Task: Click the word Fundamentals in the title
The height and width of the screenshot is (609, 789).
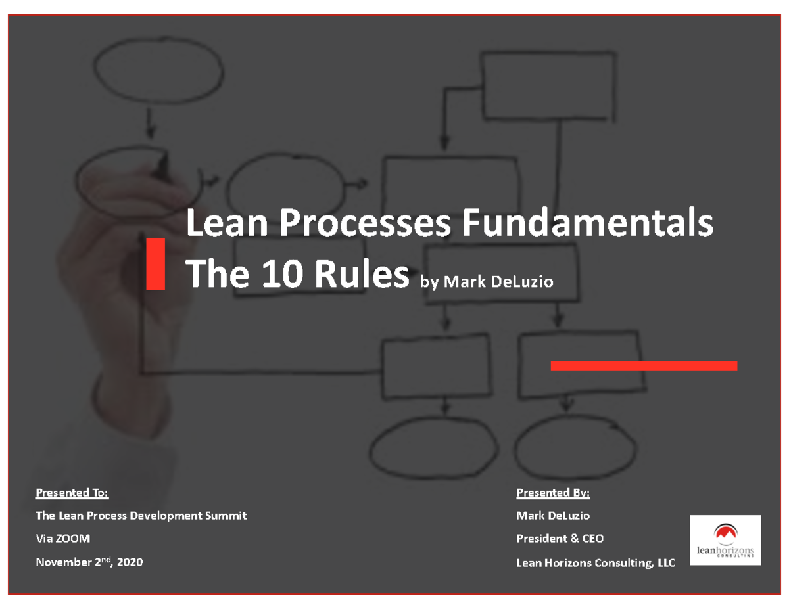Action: pyautogui.click(x=586, y=224)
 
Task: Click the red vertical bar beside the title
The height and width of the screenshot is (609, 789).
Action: pyautogui.click(x=155, y=263)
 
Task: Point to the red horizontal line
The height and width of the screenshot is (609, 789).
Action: pyautogui.click(x=643, y=366)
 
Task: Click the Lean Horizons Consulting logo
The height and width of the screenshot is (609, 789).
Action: pyautogui.click(x=725, y=540)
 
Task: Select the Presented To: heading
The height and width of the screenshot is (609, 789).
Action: pyautogui.click(x=72, y=493)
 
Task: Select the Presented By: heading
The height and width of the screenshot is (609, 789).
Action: pyautogui.click(x=553, y=493)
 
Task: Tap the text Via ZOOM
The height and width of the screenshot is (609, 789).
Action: pyautogui.click(x=63, y=539)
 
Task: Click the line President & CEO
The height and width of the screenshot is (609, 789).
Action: pyautogui.click(x=560, y=539)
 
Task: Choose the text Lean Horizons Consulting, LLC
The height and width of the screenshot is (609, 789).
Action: pyautogui.click(x=595, y=563)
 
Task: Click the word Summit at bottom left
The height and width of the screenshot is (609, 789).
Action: pyautogui.click(x=226, y=516)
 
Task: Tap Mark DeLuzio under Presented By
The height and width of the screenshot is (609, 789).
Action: pyautogui.click(x=553, y=516)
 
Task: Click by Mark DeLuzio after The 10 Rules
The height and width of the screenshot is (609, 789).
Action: pyautogui.click(x=487, y=282)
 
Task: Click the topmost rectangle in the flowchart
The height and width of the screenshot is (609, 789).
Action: pyautogui.click(x=548, y=85)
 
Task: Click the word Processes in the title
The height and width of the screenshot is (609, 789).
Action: pyautogui.click(x=365, y=224)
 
